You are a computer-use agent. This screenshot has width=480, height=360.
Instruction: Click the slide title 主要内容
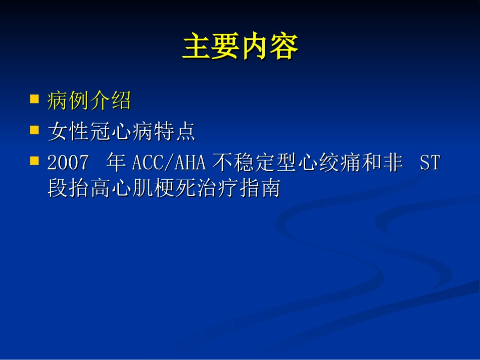240,47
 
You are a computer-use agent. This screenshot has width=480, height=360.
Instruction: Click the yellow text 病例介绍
89,101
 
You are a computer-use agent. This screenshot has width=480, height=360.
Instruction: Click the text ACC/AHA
169,163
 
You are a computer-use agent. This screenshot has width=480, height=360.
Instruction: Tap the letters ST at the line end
429,163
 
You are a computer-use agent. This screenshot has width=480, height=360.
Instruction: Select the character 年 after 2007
116,163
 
